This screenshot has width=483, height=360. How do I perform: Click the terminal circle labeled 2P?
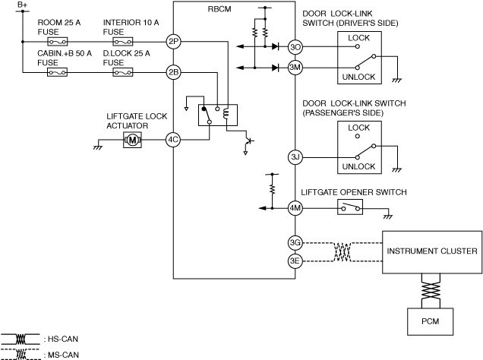coord(173,42)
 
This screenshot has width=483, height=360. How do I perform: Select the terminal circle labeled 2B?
coord(173,72)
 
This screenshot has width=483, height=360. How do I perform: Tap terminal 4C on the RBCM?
coord(173,140)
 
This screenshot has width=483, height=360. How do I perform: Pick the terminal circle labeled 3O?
coord(295,47)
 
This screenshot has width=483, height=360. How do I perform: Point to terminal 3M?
coord(295,68)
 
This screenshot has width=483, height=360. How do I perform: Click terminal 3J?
coord(295,157)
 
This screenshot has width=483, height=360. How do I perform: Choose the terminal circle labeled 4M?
coord(295,208)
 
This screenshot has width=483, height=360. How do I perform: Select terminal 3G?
coord(295,243)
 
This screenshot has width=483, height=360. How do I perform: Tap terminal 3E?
coord(295,261)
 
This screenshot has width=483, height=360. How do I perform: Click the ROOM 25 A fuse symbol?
coord(58,42)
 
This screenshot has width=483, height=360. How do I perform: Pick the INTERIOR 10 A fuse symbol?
coord(123,42)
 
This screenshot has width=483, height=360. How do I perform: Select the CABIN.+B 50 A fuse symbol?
coord(57,72)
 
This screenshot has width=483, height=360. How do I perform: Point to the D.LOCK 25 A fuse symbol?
coord(123,72)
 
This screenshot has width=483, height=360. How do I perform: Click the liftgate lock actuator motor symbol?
coord(132,140)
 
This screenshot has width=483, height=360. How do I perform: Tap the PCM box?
coord(431,321)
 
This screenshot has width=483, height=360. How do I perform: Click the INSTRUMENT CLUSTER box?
coord(432,252)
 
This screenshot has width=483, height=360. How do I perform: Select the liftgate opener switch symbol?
coord(350,207)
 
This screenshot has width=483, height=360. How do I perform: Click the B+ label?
coord(23,5)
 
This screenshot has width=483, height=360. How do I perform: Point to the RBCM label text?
coord(219,9)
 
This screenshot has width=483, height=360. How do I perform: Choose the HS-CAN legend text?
coord(63,339)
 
